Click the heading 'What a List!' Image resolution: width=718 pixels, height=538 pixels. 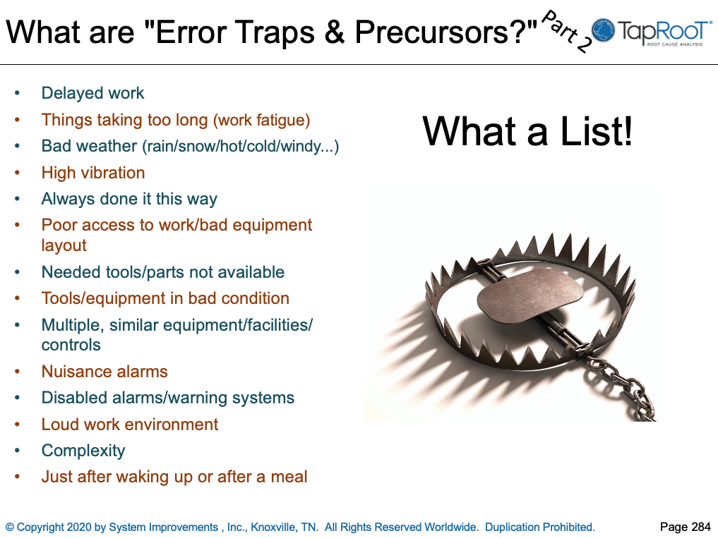527,131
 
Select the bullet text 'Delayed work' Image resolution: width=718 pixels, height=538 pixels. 92,93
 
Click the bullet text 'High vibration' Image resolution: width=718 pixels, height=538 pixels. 92,173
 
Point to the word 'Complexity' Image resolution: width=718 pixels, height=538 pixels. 83,451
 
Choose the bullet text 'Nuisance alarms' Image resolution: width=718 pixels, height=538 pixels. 104,372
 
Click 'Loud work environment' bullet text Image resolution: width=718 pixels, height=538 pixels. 130,424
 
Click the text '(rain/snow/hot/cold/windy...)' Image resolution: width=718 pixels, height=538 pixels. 241,147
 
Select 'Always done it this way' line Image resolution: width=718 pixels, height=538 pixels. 129,199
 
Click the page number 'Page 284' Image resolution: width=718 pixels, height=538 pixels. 685,527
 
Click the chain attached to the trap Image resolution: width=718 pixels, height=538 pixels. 621,388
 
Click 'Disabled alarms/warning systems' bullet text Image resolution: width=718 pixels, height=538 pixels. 168,398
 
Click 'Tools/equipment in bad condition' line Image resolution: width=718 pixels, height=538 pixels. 165,298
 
